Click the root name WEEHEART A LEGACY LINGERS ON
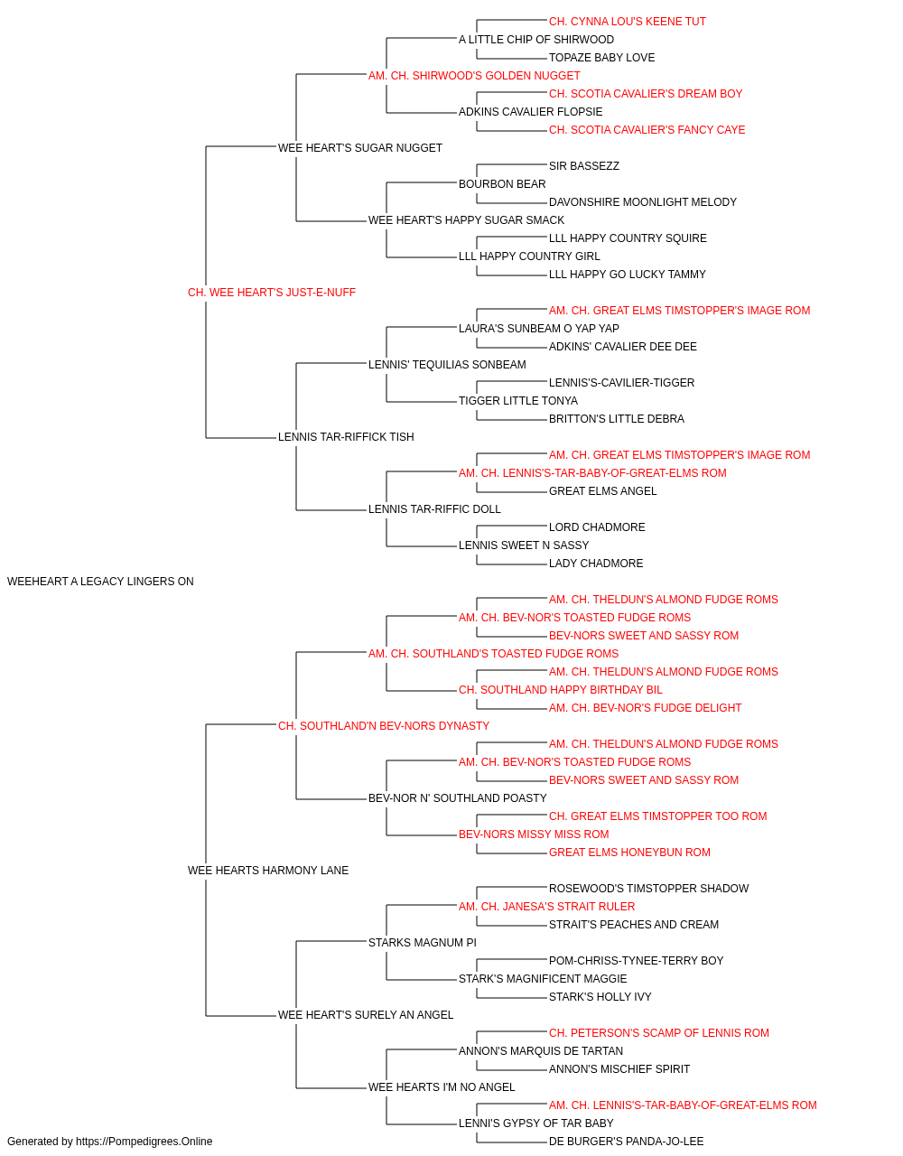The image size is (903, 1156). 100,582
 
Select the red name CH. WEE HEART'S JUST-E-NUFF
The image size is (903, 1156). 272,293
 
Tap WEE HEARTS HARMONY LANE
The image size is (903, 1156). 268,871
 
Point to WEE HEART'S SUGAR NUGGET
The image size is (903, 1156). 360,148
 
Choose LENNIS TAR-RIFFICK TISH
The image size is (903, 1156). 346,437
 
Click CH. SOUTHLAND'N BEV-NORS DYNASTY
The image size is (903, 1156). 384,726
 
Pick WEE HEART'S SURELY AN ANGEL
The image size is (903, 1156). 366,1015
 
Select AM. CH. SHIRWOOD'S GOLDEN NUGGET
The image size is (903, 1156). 474,76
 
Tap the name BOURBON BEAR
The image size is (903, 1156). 502,184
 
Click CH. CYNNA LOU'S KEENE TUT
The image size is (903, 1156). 627,22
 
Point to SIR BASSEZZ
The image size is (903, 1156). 584,166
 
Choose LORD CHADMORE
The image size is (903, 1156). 597,527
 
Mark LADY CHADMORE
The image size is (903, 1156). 596,564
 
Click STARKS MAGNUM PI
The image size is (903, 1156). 423,943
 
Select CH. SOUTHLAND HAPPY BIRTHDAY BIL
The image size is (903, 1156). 561,690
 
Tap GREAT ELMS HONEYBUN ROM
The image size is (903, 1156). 629,853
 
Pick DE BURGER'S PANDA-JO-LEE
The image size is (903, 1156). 626,1142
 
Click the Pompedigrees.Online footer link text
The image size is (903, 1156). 144,1142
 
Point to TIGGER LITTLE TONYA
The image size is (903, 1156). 518,401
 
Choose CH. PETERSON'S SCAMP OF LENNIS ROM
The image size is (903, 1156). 659,1033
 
